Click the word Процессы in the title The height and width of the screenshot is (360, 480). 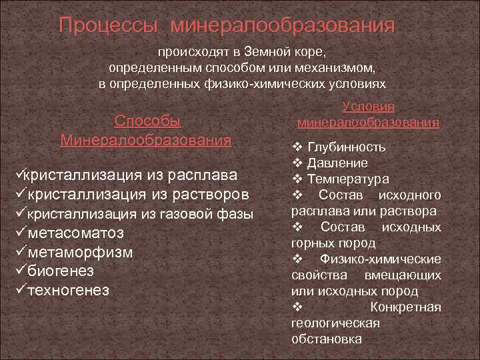[107, 25]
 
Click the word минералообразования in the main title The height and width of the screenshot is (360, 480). [283, 25]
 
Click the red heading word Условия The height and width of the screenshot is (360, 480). [368, 107]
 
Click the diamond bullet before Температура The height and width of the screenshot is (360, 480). [297, 179]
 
